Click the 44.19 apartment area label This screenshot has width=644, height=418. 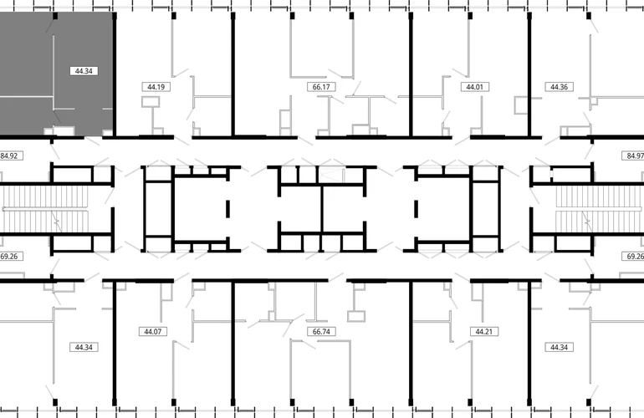[x=156, y=87]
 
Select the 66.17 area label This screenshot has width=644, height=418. [x=321, y=87]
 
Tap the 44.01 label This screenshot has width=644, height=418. [x=474, y=87]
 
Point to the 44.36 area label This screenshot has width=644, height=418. [x=559, y=87]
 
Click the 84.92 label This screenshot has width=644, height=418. [x=9, y=156]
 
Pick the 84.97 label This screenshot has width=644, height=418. [x=634, y=156]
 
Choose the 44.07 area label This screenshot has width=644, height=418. [x=153, y=331]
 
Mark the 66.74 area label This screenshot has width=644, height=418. [x=321, y=331]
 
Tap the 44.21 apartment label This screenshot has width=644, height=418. [x=483, y=331]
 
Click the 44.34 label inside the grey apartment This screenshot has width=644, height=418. [x=84, y=71]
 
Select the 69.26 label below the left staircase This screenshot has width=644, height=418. [x=9, y=256]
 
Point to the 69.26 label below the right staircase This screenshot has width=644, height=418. [x=634, y=256]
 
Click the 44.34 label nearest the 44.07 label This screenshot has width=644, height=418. [x=84, y=348]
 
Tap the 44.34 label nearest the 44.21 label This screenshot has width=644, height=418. [x=559, y=348]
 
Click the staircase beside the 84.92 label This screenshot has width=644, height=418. [x=45, y=209]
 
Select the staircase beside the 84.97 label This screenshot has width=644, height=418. [x=599, y=209]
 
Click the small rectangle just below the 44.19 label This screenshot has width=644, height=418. [x=151, y=102]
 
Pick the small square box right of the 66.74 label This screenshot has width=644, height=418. [x=356, y=317]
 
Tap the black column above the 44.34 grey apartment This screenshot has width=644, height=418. [x=55, y=16]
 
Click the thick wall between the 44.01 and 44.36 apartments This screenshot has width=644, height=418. [x=529, y=74]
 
